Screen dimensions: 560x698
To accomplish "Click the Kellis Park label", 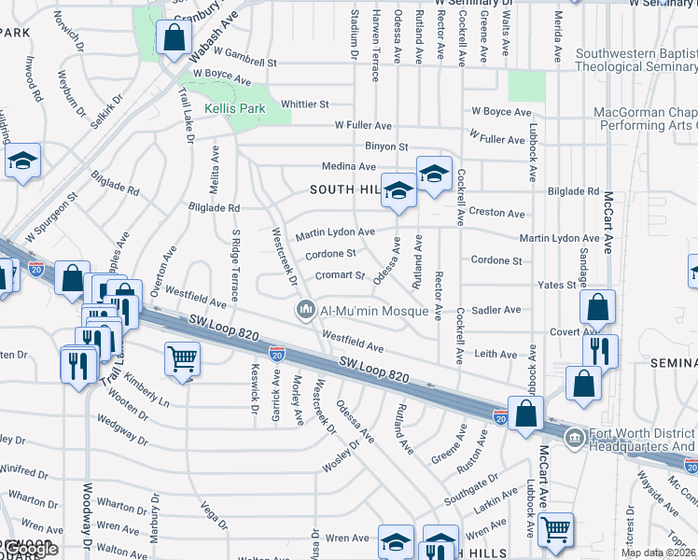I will coord(236,109).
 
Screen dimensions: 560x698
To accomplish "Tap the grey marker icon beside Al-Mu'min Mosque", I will coord(305,310).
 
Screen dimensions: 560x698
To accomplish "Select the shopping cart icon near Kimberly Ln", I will coord(182,357).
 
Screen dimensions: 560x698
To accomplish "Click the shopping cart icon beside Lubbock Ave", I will coord(555,528).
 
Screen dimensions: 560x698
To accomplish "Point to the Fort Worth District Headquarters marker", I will coord(575,437).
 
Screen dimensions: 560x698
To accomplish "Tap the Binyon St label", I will coord(386,147).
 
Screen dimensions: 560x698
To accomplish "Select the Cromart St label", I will coord(339,275).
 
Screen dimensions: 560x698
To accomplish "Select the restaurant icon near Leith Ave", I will coord(600,350).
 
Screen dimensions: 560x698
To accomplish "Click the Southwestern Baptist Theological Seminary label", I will coord(635,61).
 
